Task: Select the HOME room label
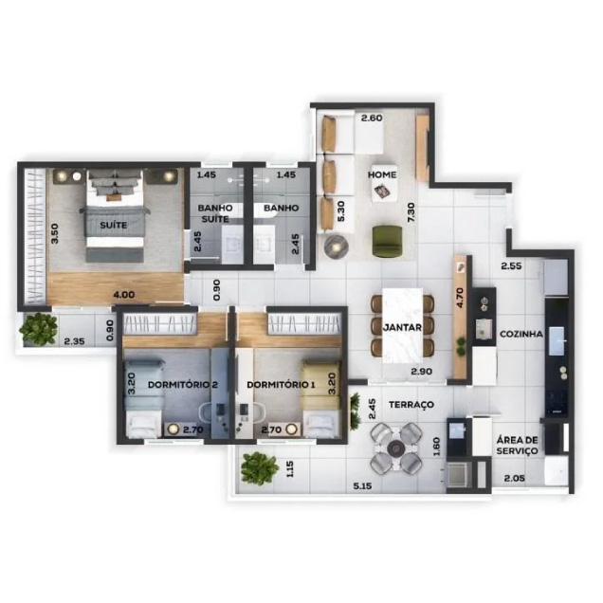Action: (x=383, y=174)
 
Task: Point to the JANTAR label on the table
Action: (x=402, y=327)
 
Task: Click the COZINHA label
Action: (x=521, y=334)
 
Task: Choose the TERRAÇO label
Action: (x=411, y=405)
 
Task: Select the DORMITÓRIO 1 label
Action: (x=280, y=385)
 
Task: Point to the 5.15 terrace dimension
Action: (x=361, y=486)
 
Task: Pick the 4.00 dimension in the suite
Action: (x=123, y=295)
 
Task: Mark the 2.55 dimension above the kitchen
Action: (x=513, y=266)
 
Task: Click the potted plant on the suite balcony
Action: (x=40, y=327)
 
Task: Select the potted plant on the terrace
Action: (x=259, y=466)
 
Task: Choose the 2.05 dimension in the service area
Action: (x=514, y=479)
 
